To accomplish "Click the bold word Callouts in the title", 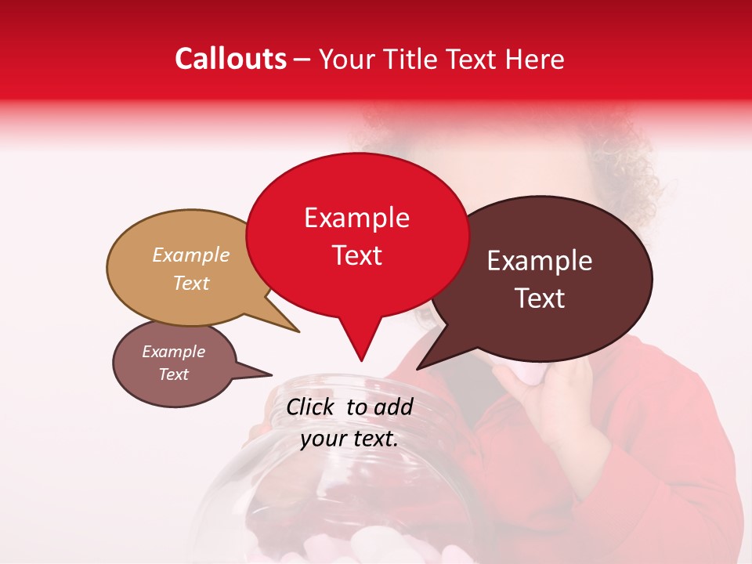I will coord(230,59).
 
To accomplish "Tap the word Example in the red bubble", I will coord(356,218).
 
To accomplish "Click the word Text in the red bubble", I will coord(356,255).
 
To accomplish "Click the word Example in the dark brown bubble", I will coord(540,261).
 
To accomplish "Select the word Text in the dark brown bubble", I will coord(540,298).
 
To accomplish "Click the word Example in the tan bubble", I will coord(191,255).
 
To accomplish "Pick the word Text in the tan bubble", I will coord(191,283).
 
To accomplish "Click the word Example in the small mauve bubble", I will coord(173,352).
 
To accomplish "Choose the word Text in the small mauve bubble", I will coord(173,374).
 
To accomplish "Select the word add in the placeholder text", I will coord(393,407).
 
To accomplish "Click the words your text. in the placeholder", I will coord(349,439).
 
